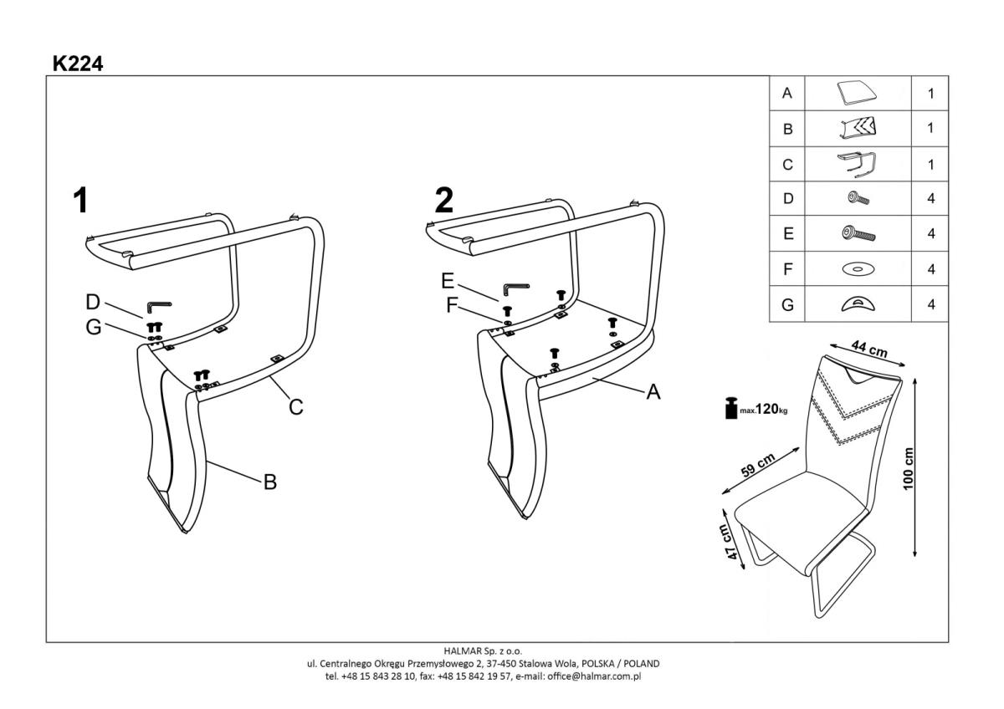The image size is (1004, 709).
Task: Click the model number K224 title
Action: pos(77,63)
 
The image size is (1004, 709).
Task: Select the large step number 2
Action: pos(444,201)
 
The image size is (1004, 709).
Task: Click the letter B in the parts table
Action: pos(786,130)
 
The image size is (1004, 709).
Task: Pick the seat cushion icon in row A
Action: pos(857,93)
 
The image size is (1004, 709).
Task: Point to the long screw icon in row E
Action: pos(858,234)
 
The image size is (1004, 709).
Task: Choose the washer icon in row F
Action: pos(857,270)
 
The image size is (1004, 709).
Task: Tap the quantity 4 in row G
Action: pos(930,305)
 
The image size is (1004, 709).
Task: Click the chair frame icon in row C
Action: pos(857,164)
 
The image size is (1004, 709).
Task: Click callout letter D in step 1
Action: pos(93,301)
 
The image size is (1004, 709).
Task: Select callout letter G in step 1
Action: pos(94,327)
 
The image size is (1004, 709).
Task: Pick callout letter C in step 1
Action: pos(295,407)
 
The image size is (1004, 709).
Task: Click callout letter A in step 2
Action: pos(653,391)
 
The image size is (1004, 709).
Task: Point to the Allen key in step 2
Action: pos(513,290)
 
